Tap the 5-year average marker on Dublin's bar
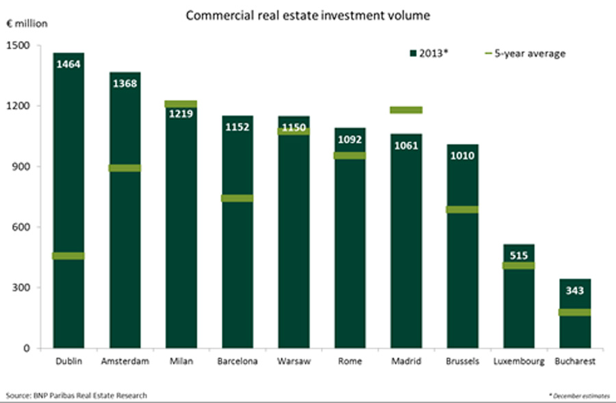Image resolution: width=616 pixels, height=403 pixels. point(68,256)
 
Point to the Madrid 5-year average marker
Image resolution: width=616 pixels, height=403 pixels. point(406,110)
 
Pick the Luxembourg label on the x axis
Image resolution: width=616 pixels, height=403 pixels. point(519,361)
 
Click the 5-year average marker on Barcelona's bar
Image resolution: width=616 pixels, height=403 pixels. point(237,198)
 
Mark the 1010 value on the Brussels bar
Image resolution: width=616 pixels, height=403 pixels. point(462,155)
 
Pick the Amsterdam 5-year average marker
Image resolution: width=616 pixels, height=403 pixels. point(125,168)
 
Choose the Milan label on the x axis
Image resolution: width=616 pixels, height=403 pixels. point(181,361)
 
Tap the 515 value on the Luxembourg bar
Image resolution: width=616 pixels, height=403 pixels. point(519,255)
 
